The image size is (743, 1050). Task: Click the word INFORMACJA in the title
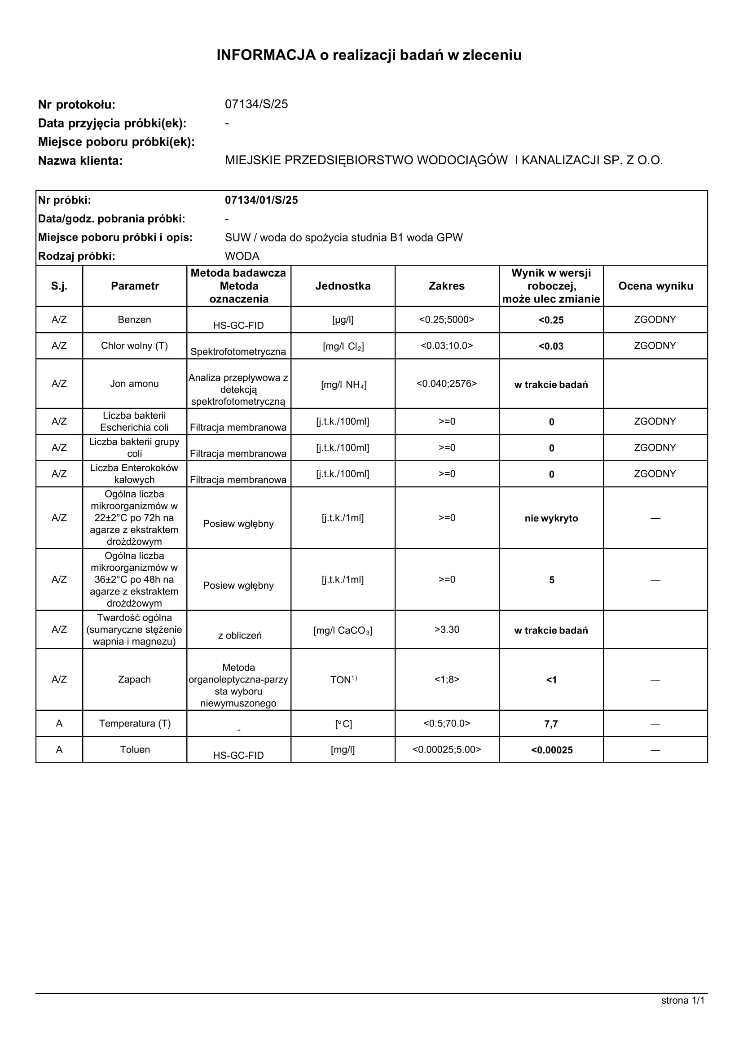pos(266,55)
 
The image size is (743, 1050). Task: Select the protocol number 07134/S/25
pos(256,104)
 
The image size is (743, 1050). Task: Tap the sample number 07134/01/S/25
pos(261,200)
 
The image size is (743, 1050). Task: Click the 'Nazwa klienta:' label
pos(80,161)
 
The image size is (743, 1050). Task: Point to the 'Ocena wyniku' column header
pos(655,286)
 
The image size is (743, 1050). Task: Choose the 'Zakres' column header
pos(447,286)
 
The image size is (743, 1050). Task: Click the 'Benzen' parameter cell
pos(135,319)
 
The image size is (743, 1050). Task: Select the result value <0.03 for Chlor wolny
pos(551,346)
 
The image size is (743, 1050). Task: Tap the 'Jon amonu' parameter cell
pos(135,384)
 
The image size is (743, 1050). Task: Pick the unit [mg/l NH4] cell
pos(343,385)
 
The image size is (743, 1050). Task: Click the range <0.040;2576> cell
pos(447,384)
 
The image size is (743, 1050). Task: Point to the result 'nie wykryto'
pos(551,518)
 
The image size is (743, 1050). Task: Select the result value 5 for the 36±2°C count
pos(551,580)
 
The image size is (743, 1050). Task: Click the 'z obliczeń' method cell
pos(239,635)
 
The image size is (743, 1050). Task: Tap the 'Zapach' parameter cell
pos(135,679)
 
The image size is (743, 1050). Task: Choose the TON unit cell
pos(343,679)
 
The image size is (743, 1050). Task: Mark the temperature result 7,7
pos(551,724)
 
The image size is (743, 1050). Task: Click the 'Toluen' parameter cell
pos(135,749)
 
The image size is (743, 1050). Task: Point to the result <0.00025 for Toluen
pos(552,750)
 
